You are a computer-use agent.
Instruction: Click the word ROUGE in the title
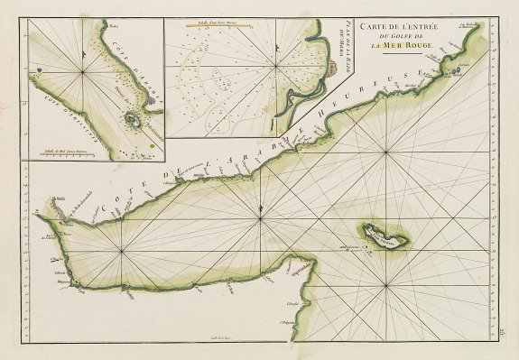tap(422, 46)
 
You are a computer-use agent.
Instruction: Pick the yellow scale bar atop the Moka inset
tap(218, 26)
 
